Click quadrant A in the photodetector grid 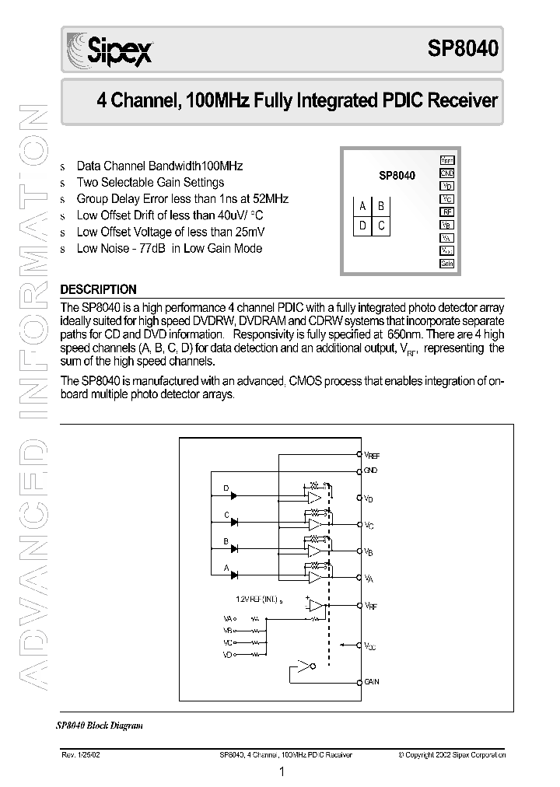pos(362,206)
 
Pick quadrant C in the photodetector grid pos(381,226)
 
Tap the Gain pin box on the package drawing pos(446,264)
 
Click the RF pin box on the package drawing pos(446,212)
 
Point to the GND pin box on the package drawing pos(446,173)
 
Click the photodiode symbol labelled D pos(233,495)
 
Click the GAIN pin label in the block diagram pos(372,681)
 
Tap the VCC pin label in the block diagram pos(369,645)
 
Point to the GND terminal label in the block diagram pos(370,470)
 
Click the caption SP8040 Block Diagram pos(100,725)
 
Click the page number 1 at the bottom pos(282,772)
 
